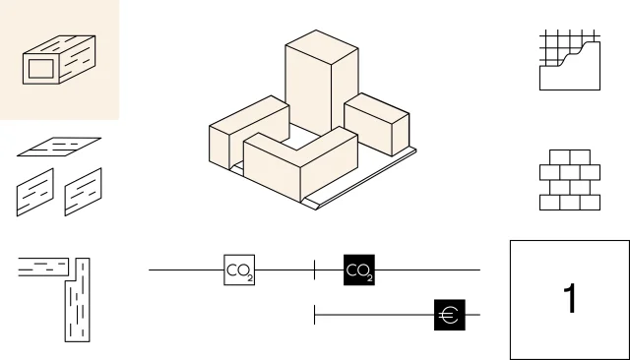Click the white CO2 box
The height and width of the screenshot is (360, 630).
click(x=239, y=270)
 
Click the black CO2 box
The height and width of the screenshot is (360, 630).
click(x=359, y=270)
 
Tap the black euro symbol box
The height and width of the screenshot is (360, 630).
click(x=450, y=315)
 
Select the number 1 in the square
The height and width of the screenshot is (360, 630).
click(x=571, y=298)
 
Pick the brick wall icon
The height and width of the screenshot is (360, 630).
click(x=570, y=180)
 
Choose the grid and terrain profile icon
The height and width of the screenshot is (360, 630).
click(x=570, y=60)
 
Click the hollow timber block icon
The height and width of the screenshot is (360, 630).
click(x=59, y=59)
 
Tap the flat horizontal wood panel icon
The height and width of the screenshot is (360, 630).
click(x=59, y=147)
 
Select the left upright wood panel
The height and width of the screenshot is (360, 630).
click(x=35, y=192)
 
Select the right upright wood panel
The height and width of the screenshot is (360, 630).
click(x=83, y=192)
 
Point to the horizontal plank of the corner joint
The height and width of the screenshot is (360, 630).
click(x=43, y=267)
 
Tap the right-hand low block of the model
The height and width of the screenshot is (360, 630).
click(x=377, y=124)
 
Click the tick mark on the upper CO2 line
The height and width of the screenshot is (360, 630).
click(x=315, y=270)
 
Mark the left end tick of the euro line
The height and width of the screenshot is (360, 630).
click(x=315, y=315)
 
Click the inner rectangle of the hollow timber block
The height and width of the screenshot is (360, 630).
click(x=41, y=69)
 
